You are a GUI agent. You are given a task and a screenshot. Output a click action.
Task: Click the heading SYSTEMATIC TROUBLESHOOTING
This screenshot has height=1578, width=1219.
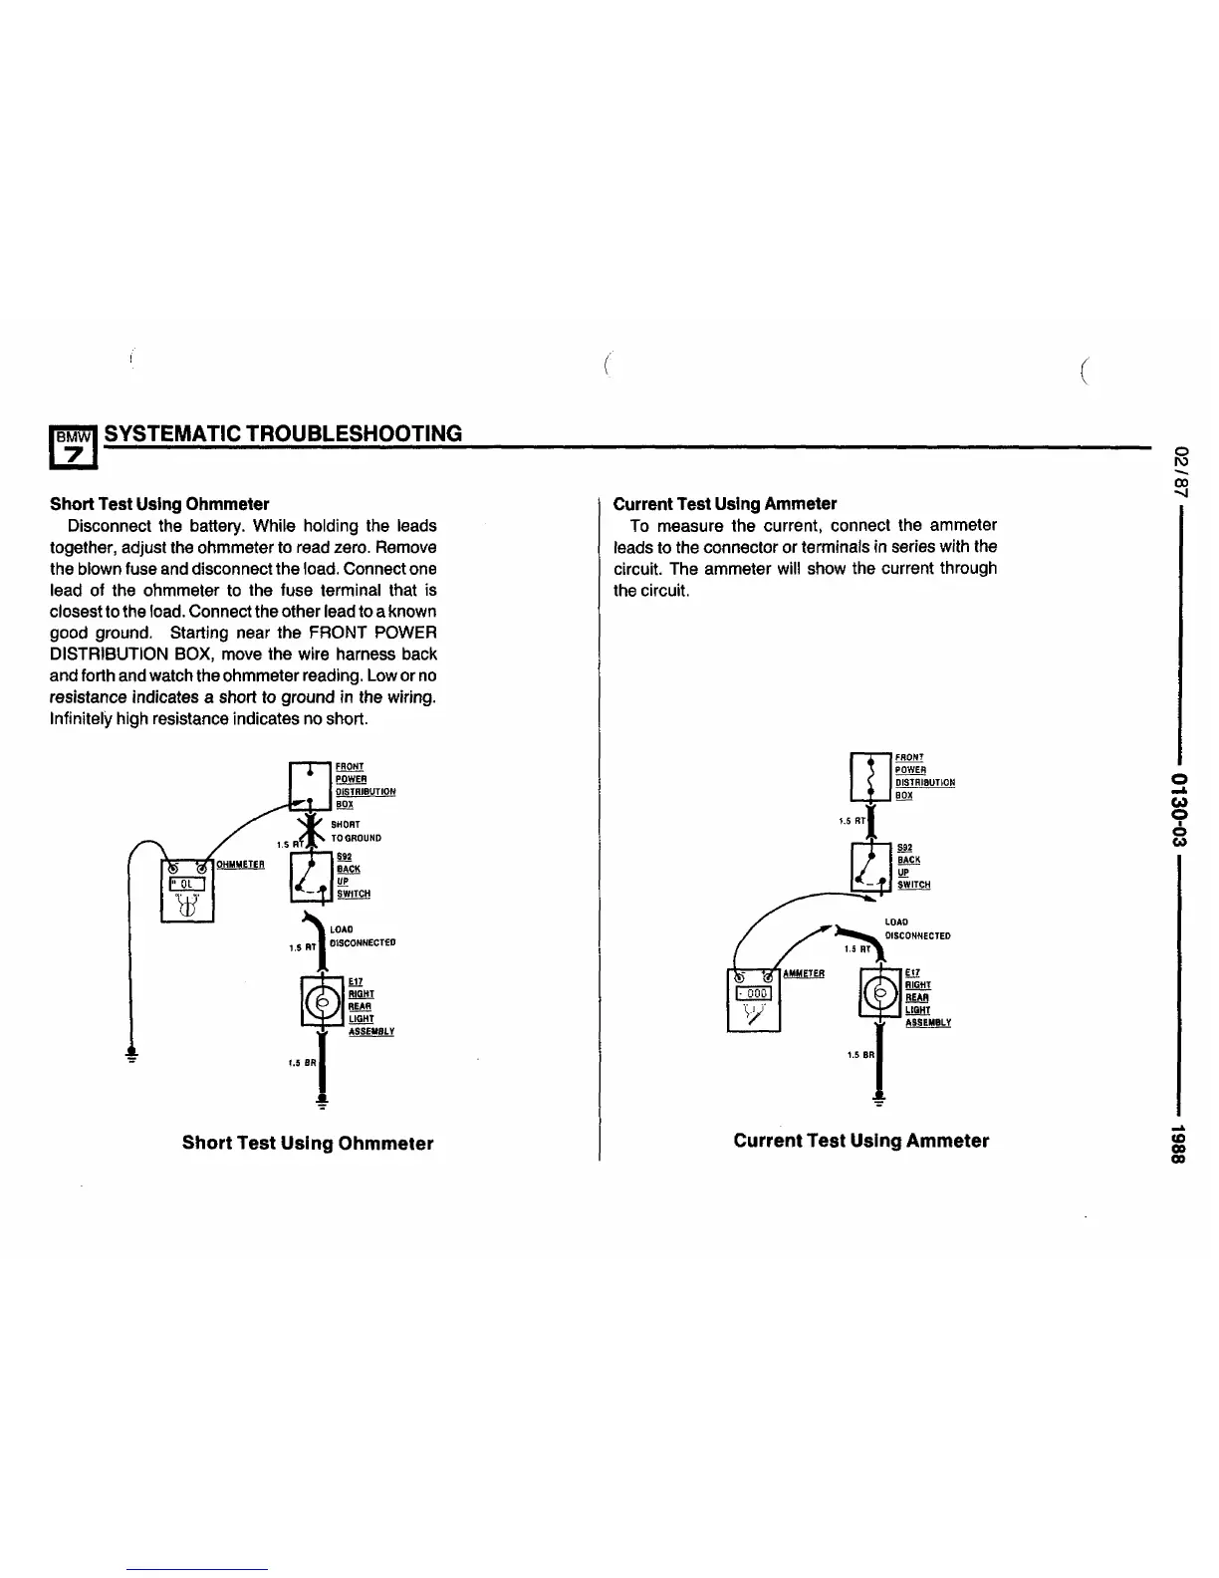283,433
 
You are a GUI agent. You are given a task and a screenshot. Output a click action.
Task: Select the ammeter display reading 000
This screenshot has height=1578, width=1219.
754,993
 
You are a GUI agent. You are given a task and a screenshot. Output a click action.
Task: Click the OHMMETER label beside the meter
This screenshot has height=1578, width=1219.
240,865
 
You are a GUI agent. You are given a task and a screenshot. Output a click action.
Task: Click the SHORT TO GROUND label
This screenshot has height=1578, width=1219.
355,831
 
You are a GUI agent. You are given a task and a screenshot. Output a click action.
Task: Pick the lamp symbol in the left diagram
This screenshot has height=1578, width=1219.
322,1000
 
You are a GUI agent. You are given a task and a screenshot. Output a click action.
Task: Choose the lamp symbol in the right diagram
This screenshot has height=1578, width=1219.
879,992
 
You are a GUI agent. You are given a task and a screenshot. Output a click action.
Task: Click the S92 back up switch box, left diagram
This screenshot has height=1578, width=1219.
310,875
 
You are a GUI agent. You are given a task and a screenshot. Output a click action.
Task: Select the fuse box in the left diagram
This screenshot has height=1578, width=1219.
310,784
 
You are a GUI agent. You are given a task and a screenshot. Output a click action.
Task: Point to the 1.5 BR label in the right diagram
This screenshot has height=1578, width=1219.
858,1054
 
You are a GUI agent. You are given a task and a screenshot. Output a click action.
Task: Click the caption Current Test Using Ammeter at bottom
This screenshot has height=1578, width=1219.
860,1141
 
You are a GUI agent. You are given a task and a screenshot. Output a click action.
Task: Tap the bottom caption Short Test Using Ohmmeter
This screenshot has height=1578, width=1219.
308,1143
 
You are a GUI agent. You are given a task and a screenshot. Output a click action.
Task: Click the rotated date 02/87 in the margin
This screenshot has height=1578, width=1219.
1182,469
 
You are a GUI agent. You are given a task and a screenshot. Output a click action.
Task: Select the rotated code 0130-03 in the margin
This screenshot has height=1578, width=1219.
1182,803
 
